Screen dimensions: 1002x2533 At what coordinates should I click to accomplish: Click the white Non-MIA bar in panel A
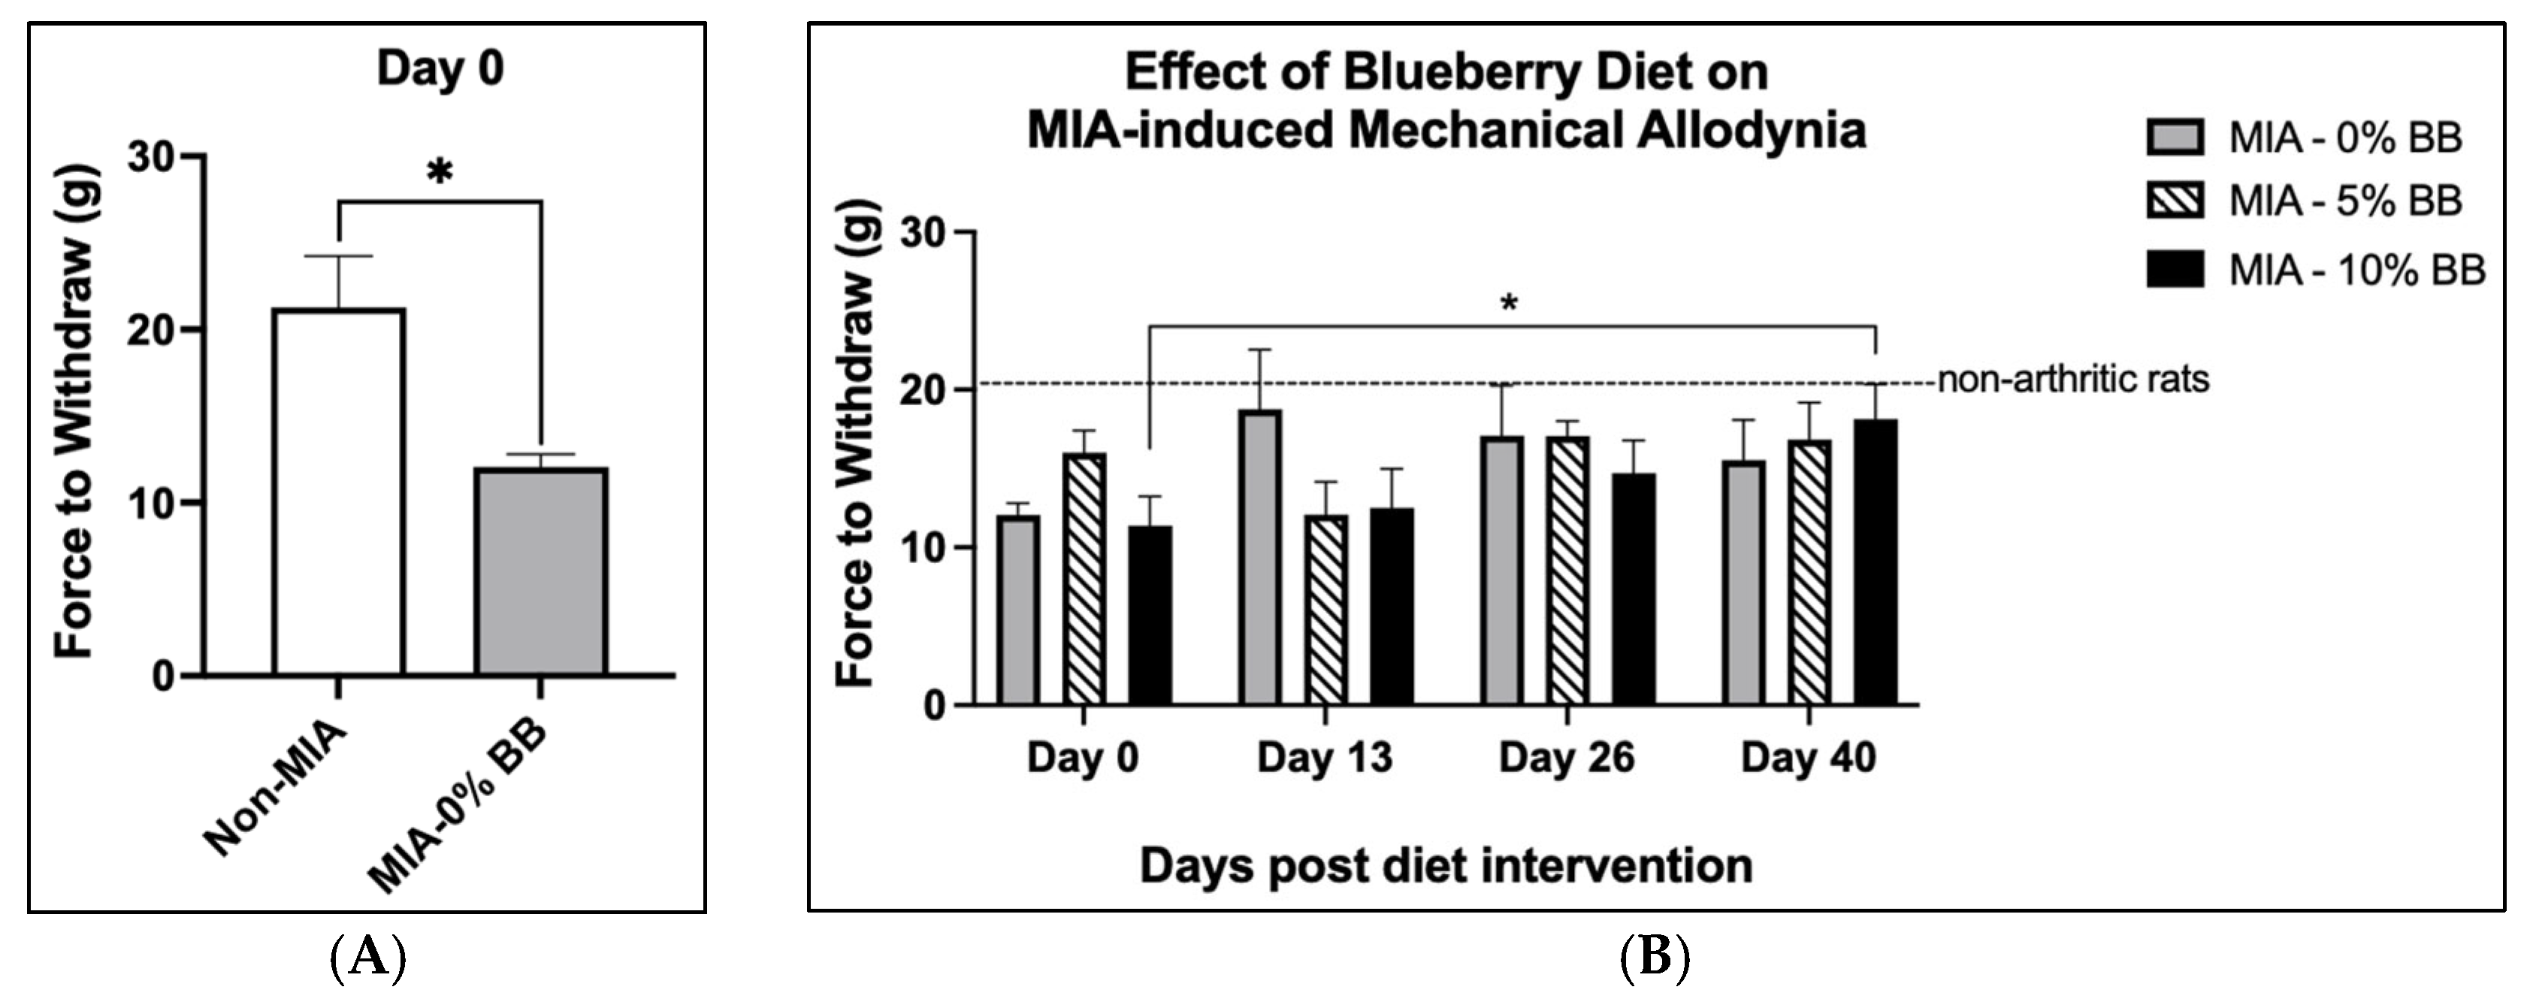(x=339, y=492)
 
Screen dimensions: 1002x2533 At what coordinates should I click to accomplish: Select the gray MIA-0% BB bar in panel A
(x=541, y=571)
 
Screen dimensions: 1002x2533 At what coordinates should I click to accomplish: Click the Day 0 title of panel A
(x=440, y=70)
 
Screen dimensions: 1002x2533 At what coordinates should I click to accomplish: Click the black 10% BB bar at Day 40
(x=1876, y=562)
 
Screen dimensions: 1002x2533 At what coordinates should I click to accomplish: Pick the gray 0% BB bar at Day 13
(x=1259, y=556)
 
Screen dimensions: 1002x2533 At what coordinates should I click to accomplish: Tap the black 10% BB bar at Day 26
(x=1632, y=588)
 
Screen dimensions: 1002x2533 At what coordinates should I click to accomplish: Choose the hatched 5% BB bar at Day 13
(x=1325, y=609)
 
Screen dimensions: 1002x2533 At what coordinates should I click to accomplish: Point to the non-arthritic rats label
(x=2073, y=380)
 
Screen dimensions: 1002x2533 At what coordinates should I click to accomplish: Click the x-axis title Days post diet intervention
(x=1446, y=866)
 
